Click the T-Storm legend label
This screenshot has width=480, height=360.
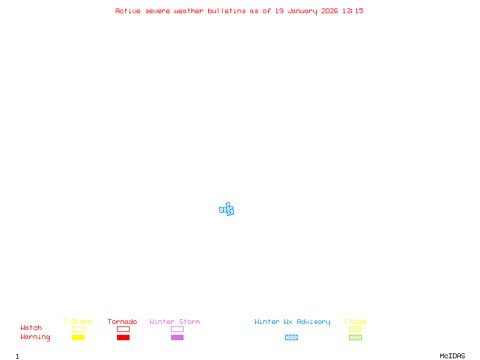pos(77,322)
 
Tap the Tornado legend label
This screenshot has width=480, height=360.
pos(122,322)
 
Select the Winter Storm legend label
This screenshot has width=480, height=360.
pos(175,322)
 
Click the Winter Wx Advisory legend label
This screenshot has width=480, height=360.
pos(292,322)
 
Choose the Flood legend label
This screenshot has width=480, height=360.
pos(355,322)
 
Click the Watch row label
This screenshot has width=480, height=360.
pos(31,328)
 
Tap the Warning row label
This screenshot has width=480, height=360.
pos(35,337)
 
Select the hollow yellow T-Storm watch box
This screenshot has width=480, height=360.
pos(78,329)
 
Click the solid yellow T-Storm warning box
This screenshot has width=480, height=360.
pos(78,337)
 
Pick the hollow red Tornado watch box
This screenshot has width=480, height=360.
pos(123,329)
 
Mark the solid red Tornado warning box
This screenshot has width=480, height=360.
pos(123,337)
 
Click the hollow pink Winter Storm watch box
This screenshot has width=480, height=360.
pos(177,329)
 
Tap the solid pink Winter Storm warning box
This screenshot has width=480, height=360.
pos(177,337)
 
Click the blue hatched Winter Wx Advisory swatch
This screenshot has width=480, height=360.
pos(291,337)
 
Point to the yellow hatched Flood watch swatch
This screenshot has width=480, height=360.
pos(355,329)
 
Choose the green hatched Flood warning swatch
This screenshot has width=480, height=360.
pos(355,337)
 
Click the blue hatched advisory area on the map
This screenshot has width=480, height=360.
pos(227,210)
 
